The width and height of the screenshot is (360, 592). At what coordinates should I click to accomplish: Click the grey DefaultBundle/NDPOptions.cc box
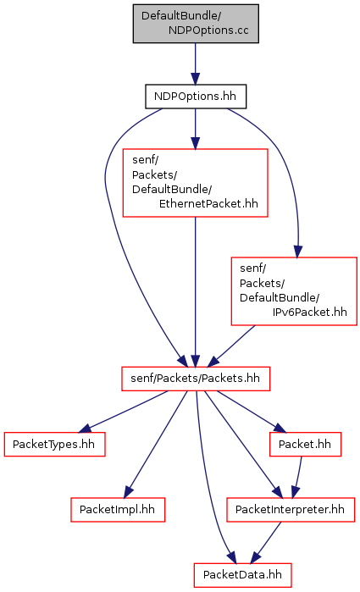coord(196,24)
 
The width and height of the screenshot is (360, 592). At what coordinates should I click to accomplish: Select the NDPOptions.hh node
coord(196,97)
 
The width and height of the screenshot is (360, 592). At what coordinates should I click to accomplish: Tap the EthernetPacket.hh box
coord(196,183)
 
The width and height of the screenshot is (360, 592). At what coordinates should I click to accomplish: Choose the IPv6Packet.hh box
coord(294,291)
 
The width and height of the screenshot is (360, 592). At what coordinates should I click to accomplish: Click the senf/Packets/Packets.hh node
coord(196,379)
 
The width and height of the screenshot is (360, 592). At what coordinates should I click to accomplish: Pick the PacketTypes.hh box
coord(54,444)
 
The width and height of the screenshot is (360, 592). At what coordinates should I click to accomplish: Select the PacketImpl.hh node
coord(118,510)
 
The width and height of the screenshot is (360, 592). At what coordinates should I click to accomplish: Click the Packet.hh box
coord(305,444)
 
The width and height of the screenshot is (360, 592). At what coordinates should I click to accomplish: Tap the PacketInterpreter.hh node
coord(291,510)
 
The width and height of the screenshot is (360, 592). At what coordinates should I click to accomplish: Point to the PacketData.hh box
coord(242,575)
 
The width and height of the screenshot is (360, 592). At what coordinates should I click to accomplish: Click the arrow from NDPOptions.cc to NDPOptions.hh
coord(196,64)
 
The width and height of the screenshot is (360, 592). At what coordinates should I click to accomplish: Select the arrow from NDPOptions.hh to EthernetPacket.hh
coord(196,129)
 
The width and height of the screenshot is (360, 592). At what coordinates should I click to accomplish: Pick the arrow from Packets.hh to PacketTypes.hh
coord(123,412)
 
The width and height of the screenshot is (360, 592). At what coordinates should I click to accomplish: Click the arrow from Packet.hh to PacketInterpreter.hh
coord(298,477)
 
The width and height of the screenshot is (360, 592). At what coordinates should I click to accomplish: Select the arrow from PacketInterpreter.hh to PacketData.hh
coord(266,543)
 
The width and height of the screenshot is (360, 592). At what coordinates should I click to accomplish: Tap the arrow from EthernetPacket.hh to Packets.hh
coord(196,291)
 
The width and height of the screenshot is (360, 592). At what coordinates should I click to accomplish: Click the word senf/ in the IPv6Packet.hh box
coord(253,268)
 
